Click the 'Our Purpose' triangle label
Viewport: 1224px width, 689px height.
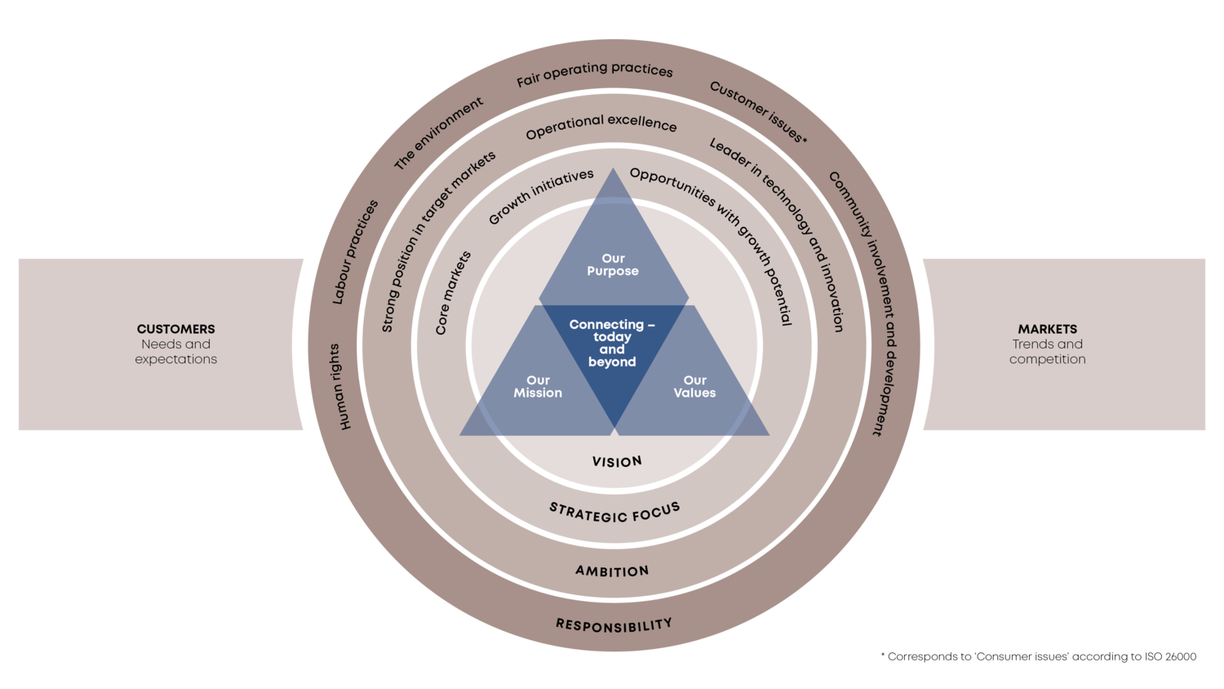(x=613, y=264)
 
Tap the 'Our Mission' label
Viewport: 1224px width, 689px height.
(x=538, y=386)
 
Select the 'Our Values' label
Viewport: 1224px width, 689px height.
(x=694, y=386)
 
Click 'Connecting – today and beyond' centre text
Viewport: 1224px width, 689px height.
(x=612, y=343)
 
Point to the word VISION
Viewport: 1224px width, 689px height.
(x=617, y=462)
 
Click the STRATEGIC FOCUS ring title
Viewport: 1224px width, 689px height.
(x=614, y=513)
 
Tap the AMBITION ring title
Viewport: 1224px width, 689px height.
(x=612, y=571)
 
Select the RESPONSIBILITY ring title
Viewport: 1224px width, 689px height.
(x=614, y=625)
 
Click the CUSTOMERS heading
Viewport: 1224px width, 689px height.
(x=176, y=329)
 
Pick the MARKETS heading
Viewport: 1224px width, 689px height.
(x=1047, y=329)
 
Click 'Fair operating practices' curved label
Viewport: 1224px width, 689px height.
(x=595, y=73)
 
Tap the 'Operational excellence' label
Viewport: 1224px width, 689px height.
(x=601, y=126)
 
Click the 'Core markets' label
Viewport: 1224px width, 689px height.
(x=453, y=293)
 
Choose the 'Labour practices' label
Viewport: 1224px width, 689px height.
(x=355, y=252)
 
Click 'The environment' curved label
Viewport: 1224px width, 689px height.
(x=438, y=133)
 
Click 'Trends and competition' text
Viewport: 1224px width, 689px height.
(x=1047, y=351)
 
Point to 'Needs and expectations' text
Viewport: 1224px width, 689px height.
(x=176, y=351)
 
